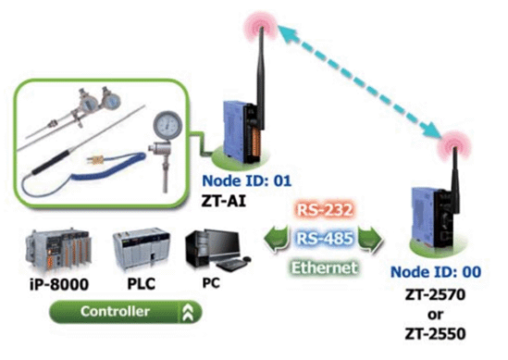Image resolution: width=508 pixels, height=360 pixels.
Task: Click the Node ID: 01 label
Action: click(x=247, y=180)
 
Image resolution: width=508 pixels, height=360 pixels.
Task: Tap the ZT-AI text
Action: click(x=224, y=201)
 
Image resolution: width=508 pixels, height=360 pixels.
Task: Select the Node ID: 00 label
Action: click(x=436, y=272)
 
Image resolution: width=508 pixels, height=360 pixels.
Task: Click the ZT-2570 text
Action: click(x=435, y=294)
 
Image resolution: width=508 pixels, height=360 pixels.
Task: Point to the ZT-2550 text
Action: click(x=435, y=334)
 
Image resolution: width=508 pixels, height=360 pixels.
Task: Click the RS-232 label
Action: click(x=325, y=210)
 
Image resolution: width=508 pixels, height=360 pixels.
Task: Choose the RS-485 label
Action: click(x=325, y=239)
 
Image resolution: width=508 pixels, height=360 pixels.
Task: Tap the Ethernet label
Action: click(x=324, y=267)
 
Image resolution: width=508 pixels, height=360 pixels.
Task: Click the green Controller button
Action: click(x=125, y=312)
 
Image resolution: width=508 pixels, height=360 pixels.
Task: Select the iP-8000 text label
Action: click(x=59, y=284)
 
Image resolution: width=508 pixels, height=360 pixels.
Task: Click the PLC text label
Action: click(x=142, y=284)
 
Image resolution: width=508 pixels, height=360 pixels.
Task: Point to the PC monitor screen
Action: click(x=225, y=242)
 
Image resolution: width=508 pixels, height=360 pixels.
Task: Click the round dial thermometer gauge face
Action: click(x=167, y=126)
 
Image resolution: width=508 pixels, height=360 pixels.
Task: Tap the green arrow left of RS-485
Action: click(x=277, y=240)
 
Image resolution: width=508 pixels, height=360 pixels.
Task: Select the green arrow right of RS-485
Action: click(x=371, y=240)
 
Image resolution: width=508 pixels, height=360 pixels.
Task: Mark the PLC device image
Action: click(x=142, y=248)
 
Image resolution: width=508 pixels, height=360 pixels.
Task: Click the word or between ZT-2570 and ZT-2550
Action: click(x=435, y=315)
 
